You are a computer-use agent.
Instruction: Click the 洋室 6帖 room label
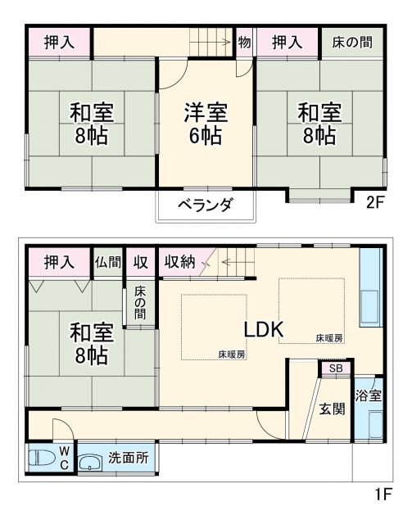click(x=206, y=123)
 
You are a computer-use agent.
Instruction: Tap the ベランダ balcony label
click(x=206, y=206)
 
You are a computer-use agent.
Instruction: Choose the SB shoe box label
click(x=337, y=369)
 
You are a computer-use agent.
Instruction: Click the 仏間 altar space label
click(x=107, y=262)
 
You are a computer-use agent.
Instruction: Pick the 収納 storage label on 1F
click(x=179, y=262)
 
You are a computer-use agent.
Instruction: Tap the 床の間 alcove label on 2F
click(x=354, y=42)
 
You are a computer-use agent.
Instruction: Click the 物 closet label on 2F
click(x=245, y=42)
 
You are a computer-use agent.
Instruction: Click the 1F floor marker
click(x=383, y=494)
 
